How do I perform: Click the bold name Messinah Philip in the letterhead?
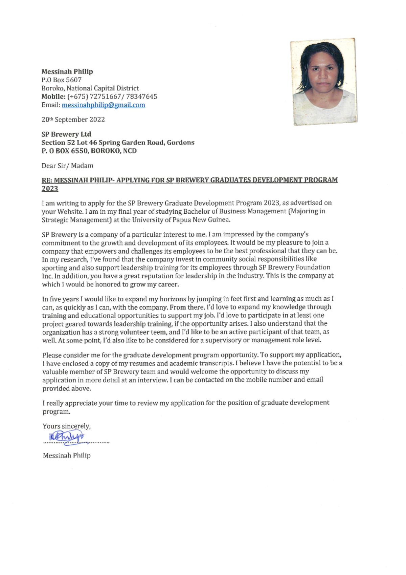(67, 71)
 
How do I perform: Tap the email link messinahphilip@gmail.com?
(103, 105)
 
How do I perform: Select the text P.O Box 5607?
(61, 80)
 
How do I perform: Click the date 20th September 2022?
(73, 120)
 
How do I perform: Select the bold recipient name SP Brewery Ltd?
(66, 134)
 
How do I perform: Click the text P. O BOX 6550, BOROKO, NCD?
(89, 151)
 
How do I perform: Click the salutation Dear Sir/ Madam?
(67, 166)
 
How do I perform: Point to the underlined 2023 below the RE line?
(50, 189)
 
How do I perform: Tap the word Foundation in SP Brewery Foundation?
(308, 267)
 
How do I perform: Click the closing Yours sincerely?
(67, 426)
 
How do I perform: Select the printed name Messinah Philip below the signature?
(67, 455)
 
